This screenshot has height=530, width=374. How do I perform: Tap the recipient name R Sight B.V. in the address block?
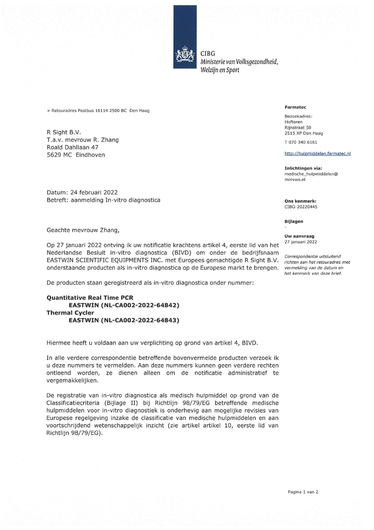click(x=64, y=132)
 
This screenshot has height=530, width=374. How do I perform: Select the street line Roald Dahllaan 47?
click(x=72, y=147)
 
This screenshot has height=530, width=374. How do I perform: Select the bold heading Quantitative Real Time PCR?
click(x=90, y=298)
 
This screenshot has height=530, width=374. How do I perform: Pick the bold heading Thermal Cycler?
click(x=70, y=313)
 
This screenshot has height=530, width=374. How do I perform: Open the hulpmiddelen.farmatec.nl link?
click(x=317, y=153)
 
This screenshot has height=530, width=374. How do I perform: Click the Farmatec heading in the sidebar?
click(x=295, y=107)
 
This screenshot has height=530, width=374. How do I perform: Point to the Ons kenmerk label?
click(x=300, y=201)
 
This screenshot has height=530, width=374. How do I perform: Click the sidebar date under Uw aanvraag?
click(x=301, y=242)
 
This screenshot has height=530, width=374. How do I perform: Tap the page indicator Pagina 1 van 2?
click(x=302, y=492)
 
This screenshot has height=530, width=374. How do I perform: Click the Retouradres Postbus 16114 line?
click(x=98, y=110)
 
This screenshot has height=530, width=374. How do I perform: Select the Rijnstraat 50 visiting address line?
click(x=297, y=127)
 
